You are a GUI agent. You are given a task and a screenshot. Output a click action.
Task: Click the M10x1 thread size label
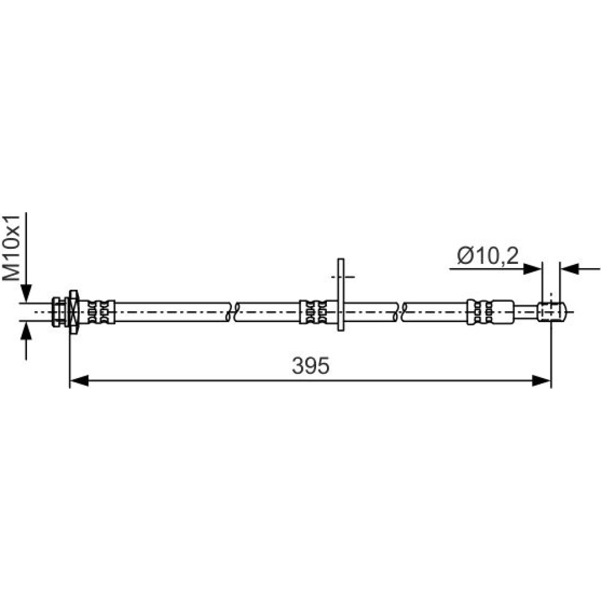coord(12,248)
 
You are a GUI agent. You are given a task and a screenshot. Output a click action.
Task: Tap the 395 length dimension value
coord(311,365)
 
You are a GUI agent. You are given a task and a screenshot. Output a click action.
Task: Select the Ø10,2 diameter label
coord(488,255)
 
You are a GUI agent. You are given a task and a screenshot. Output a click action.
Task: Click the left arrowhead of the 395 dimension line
coord(79,380)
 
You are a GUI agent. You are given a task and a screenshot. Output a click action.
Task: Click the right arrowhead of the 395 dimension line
coord(542,380)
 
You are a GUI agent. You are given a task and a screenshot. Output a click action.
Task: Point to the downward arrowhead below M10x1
coord(26,293)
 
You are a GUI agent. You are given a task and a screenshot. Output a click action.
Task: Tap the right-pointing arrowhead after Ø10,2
coord(532,269)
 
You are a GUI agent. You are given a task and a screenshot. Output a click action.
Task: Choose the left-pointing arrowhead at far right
coord(569,269)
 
